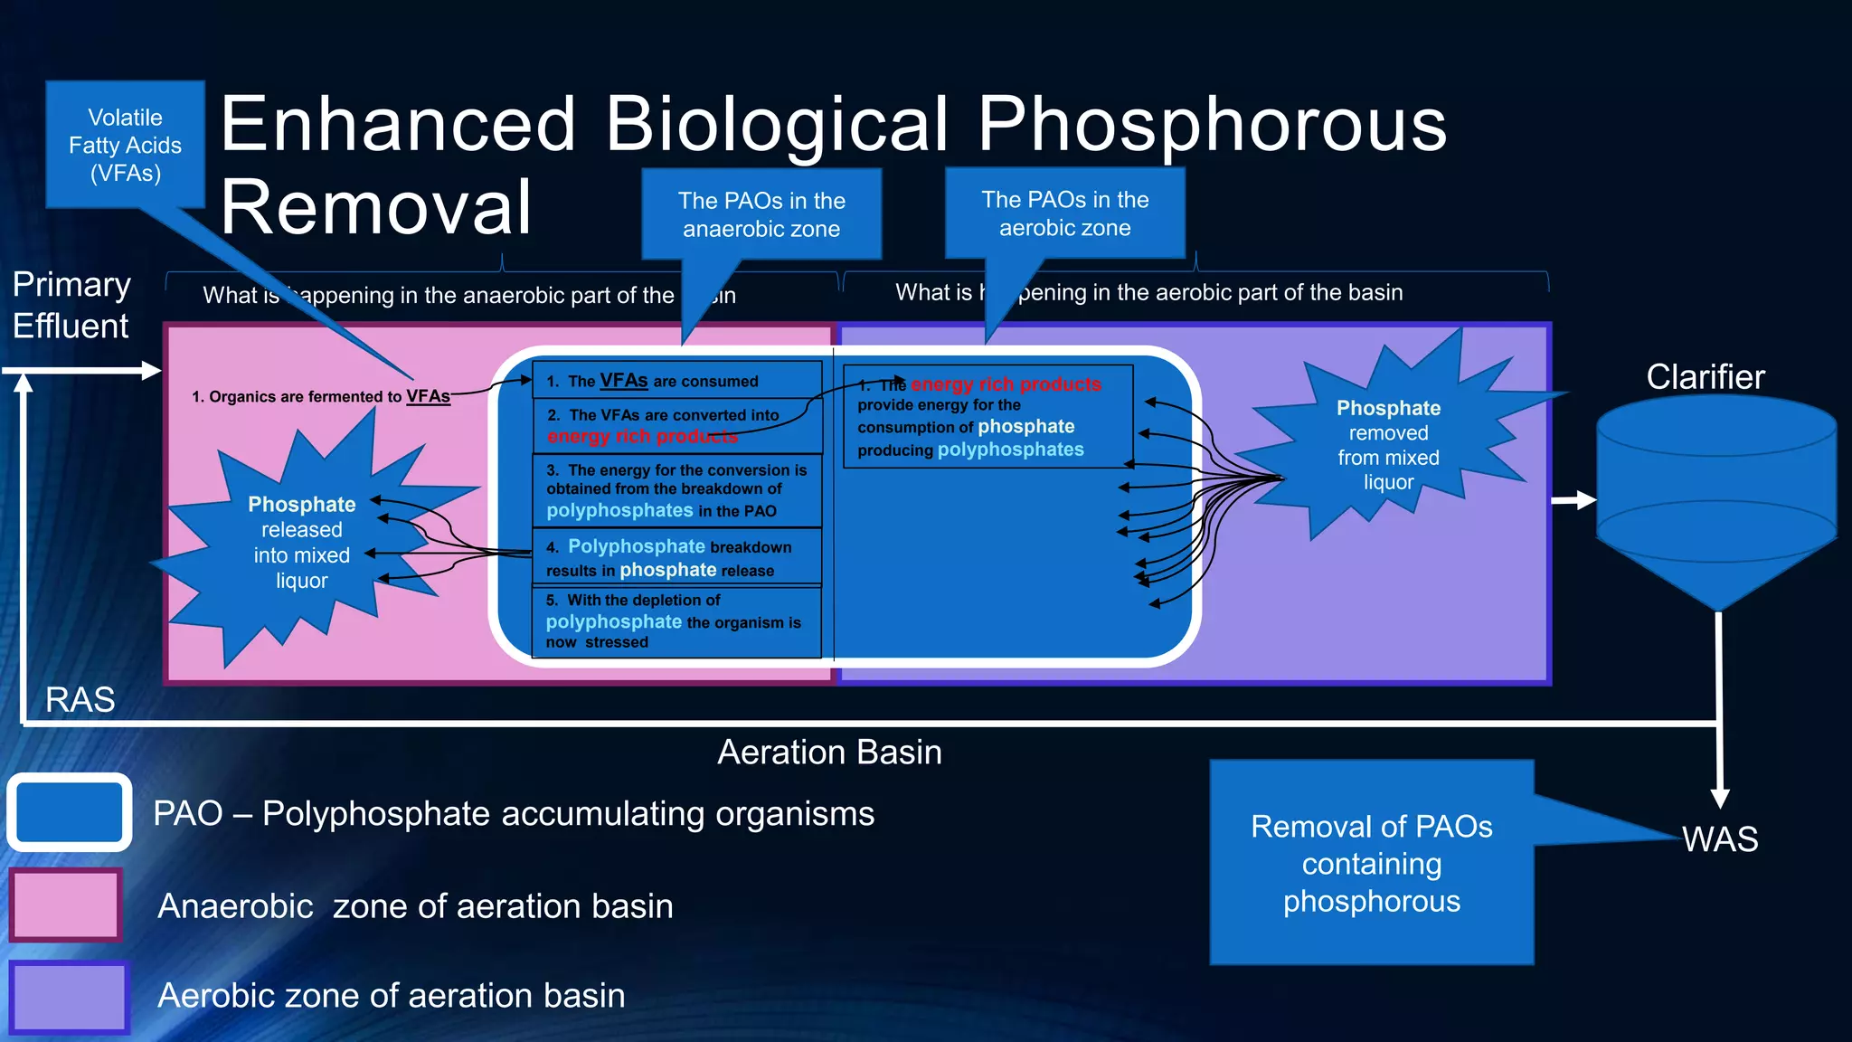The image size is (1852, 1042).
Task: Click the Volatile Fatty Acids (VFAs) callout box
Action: pyautogui.click(x=125, y=145)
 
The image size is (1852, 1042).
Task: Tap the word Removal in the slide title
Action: pyautogui.click(x=376, y=208)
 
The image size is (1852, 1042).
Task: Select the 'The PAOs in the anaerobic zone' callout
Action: pyautogui.click(x=761, y=214)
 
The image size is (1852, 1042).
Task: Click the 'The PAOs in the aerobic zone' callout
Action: pyautogui.click(x=1064, y=213)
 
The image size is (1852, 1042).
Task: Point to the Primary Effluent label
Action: pyautogui.click(x=71, y=305)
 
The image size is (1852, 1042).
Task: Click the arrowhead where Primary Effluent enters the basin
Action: pyautogui.click(x=152, y=370)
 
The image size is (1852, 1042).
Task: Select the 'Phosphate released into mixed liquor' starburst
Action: pyautogui.click(x=301, y=542)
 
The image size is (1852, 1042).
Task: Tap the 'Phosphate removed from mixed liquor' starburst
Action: pyautogui.click(x=1387, y=444)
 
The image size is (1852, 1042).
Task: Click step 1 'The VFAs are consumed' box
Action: pyautogui.click(x=676, y=381)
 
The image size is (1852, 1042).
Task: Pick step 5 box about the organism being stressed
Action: pyautogui.click(x=676, y=621)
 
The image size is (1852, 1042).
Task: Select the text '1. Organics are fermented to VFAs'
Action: pyautogui.click(x=320, y=396)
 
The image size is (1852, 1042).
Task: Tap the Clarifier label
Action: pyautogui.click(x=1705, y=377)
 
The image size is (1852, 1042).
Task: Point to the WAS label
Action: pyautogui.click(x=1720, y=839)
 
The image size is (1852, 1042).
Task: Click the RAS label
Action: pyautogui.click(x=80, y=699)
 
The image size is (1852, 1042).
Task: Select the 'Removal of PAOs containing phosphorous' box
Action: pyautogui.click(x=1371, y=863)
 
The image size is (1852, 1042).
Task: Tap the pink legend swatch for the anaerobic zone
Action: pyautogui.click(x=65, y=905)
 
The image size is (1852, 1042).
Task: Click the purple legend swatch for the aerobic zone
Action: pyautogui.click(x=69, y=997)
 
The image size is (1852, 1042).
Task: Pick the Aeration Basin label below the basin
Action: pyautogui.click(x=829, y=753)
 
